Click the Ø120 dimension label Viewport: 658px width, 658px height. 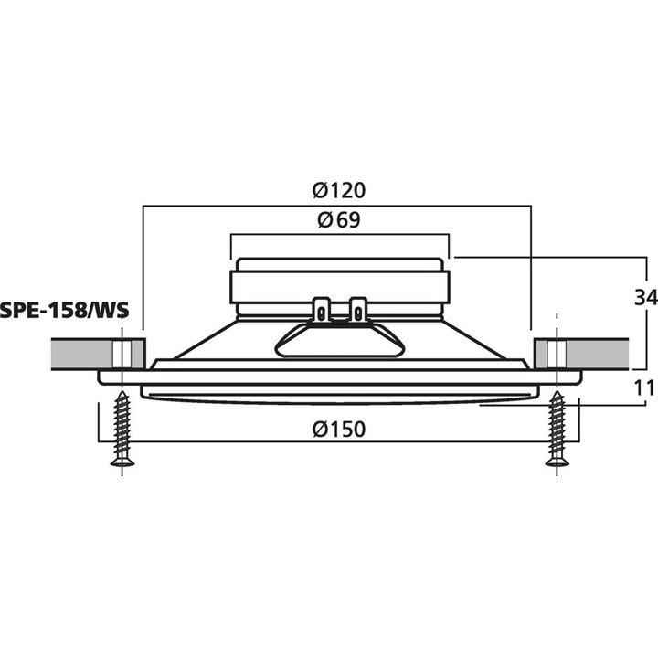click(338, 191)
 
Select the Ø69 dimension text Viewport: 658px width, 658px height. click(338, 220)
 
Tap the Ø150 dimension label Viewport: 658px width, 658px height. click(338, 430)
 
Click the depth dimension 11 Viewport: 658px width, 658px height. click(644, 387)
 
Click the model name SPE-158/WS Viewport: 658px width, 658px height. click(65, 310)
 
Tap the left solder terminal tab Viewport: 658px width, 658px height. click(322, 310)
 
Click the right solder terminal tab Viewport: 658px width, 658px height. click(357, 310)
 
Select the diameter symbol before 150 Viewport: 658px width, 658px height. click(319, 430)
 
